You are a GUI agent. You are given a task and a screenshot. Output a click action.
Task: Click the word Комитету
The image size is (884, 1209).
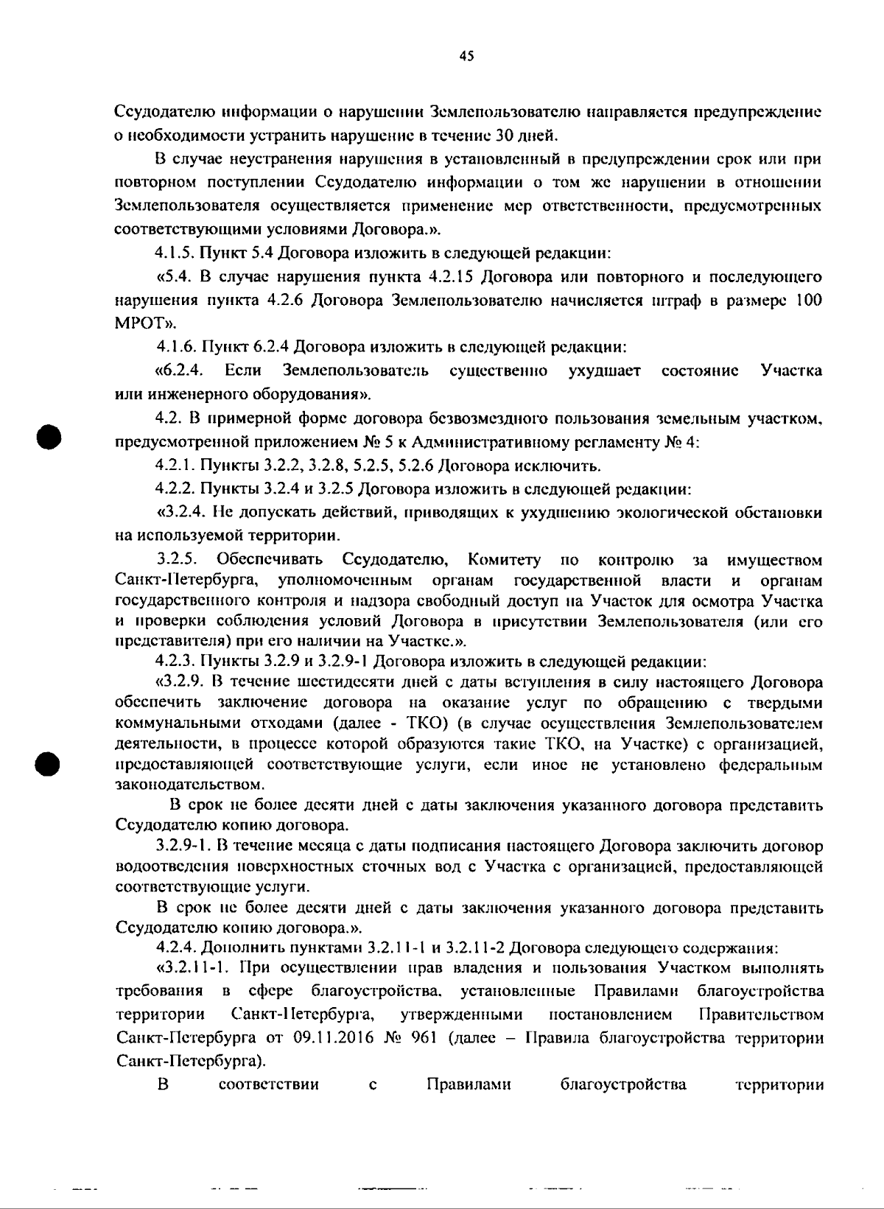tap(504, 561)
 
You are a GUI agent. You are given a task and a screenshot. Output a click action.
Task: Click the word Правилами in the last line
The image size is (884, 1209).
tap(469, 1084)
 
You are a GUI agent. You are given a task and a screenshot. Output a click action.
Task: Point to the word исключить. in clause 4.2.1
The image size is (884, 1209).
tap(563, 466)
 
